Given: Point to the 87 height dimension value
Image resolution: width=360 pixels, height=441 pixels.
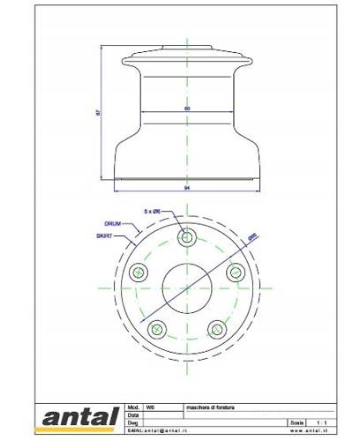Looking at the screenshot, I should (x=107, y=112).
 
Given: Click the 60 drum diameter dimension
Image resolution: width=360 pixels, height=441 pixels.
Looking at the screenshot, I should (x=187, y=108).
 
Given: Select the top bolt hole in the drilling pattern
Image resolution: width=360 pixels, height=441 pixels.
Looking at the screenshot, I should (x=186, y=237).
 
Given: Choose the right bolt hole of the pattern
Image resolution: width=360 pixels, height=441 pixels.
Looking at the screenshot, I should (x=236, y=273).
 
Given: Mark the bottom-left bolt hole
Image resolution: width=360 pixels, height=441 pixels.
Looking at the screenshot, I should (x=156, y=330).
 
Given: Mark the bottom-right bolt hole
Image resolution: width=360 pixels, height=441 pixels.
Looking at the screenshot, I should (x=217, y=330).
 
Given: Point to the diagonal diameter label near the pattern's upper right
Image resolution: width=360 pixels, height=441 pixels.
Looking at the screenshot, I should (x=252, y=237).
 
